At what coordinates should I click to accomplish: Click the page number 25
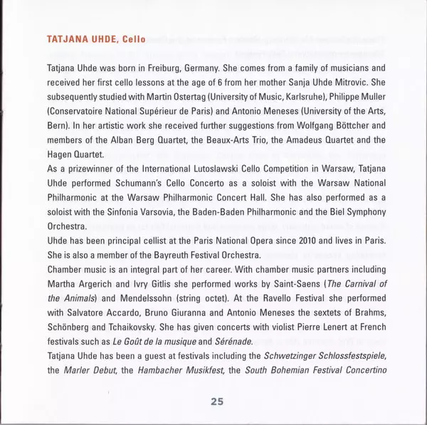click(217, 402)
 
